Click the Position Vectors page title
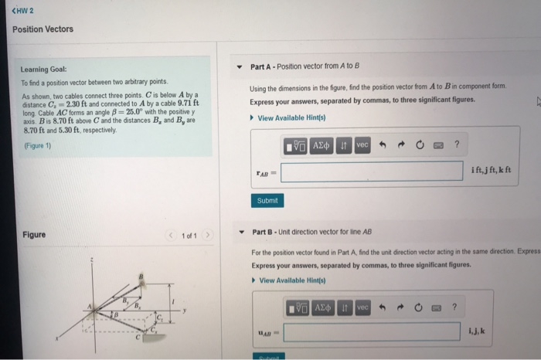(x=43, y=29)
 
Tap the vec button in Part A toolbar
(x=362, y=145)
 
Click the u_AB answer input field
(x=371, y=332)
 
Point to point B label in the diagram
(x=141, y=276)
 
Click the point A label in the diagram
(x=90, y=307)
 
